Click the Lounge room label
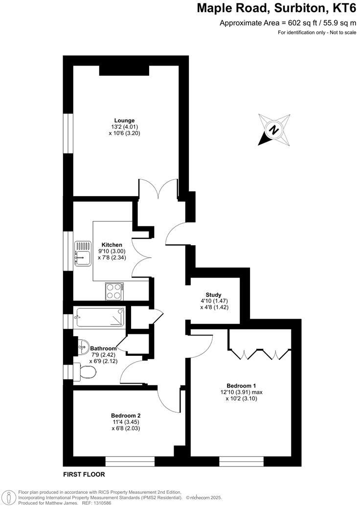(124, 120)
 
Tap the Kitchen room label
(112, 245)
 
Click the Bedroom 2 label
(126, 416)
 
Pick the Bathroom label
(103, 348)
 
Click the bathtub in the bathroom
(99, 317)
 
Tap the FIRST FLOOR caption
(84, 475)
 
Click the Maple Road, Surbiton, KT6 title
(276, 8)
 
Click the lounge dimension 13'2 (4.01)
(124, 127)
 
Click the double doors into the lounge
(157, 189)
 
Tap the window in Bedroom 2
(130, 461)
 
